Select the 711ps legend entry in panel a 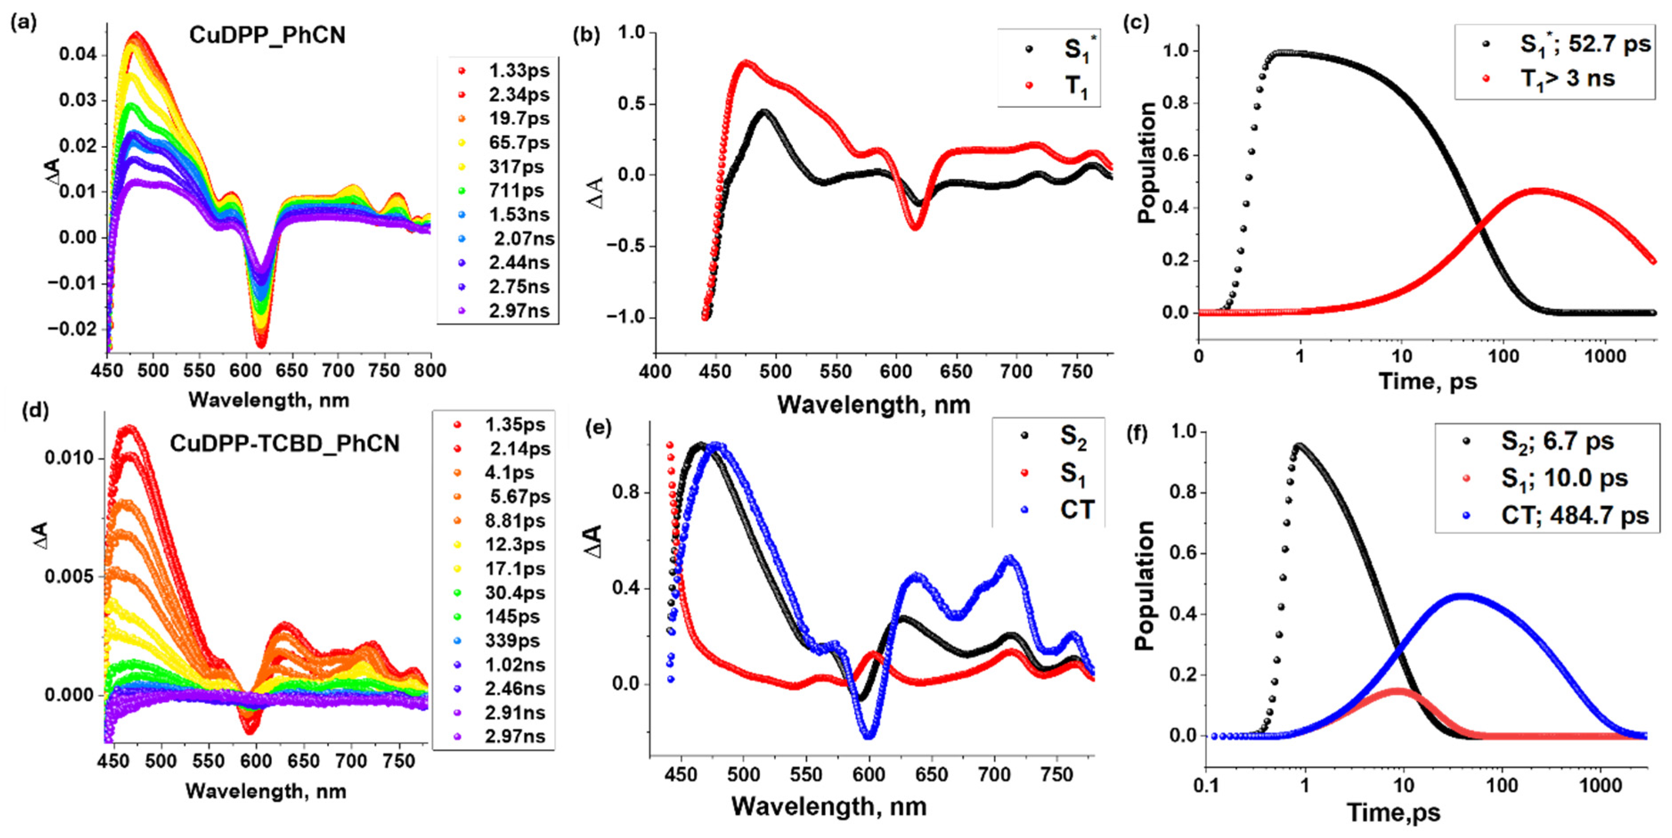coord(516,190)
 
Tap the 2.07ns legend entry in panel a coord(523,238)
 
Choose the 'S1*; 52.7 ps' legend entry coord(1584,44)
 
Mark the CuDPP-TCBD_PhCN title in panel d coord(284,443)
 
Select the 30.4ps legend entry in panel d coord(515,593)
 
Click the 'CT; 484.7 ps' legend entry coord(1574,515)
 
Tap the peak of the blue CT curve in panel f coord(1462,596)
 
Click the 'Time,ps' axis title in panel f coord(1393,812)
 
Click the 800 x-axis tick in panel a coord(430,370)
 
